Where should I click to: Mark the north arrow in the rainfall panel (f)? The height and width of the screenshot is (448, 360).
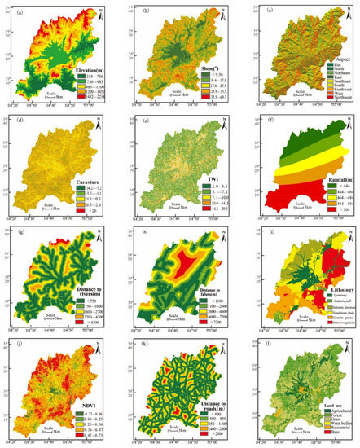[347, 125]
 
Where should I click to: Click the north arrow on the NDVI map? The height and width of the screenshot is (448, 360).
[103, 348]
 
